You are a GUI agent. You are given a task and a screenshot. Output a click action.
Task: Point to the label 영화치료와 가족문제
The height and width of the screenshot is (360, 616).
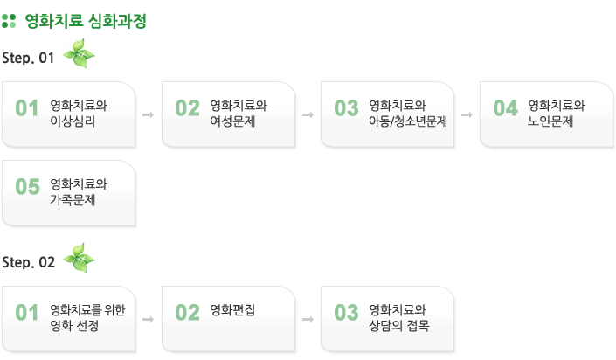[79, 192]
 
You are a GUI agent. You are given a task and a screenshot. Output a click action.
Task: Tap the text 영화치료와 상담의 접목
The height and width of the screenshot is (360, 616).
[399, 318]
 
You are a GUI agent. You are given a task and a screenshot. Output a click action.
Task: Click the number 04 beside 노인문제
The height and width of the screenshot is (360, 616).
[506, 108]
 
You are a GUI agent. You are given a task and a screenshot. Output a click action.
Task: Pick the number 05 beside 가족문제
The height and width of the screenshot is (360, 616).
[28, 186]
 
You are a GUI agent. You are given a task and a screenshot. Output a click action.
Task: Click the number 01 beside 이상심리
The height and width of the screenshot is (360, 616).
[28, 108]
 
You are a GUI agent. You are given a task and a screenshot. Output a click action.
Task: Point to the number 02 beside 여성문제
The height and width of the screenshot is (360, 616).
[188, 108]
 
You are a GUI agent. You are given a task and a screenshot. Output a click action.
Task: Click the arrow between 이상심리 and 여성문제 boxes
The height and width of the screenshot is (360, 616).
[148, 114]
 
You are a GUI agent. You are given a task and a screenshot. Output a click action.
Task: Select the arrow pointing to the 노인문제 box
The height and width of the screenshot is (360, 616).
[467, 114]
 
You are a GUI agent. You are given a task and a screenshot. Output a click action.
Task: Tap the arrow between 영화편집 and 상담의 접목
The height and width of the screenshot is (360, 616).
[308, 319]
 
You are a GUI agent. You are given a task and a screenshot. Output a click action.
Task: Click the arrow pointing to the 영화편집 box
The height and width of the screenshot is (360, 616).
[148, 319]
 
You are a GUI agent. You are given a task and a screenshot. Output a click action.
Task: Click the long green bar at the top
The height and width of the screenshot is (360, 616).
[86, 21]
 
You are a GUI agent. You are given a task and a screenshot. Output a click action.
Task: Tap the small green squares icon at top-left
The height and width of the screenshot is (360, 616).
[9, 21]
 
